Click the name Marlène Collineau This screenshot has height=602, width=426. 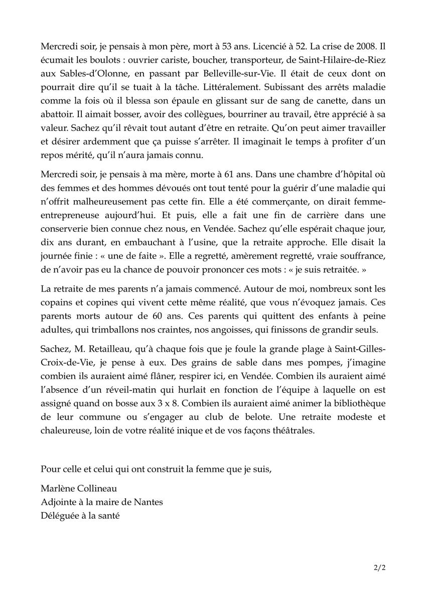tap(82, 489)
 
